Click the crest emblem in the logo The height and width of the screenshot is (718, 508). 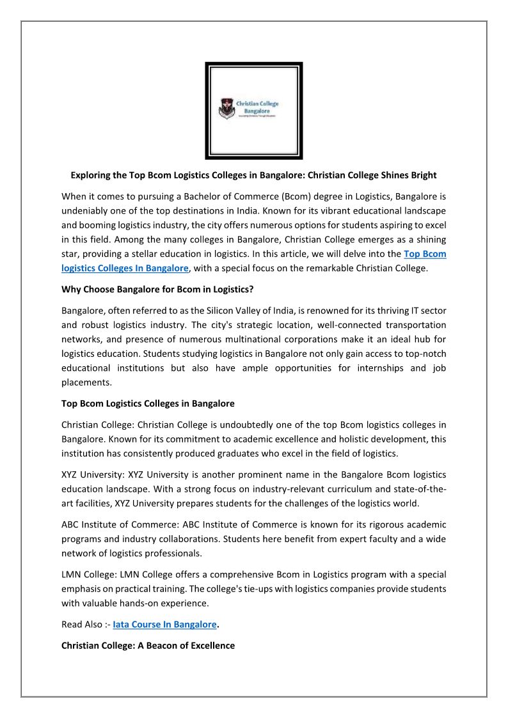pyautogui.click(x=226, y=108)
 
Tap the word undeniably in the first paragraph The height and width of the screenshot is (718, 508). pyautogui.click(x=88, y=210)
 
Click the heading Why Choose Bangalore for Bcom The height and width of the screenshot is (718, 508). pyautogui.click(x=157, y=289)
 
